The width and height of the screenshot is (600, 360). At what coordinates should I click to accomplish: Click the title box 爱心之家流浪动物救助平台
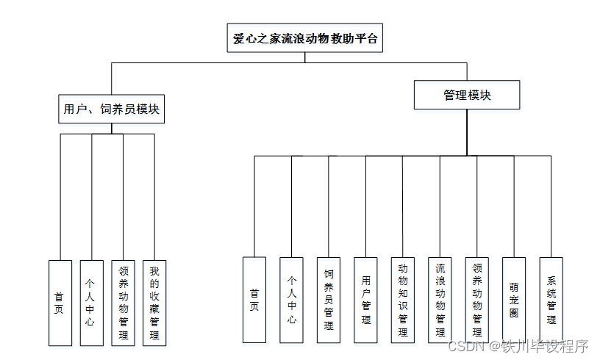tap(304, 39)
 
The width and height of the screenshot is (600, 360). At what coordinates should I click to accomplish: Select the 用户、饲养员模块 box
tap(112, 109)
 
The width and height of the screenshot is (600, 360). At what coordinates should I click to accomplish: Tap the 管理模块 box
tap(467, 96)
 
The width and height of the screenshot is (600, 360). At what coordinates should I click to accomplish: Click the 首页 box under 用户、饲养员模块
tap(60, 302)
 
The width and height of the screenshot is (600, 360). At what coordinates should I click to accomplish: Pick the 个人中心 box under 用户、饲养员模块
tap(91, 302)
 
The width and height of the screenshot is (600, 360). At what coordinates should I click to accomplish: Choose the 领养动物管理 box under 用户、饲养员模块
tap(123, 302)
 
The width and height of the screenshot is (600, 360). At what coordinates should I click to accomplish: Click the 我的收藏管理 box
tap(154, 302)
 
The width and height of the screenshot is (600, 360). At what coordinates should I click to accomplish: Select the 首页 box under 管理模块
tap(254, 300)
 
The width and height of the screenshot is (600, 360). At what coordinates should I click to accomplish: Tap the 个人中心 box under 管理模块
tap(291, 300)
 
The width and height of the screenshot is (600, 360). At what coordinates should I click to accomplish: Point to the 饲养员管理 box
tap(329, 300)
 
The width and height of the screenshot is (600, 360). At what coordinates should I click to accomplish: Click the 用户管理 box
tap(365, 300)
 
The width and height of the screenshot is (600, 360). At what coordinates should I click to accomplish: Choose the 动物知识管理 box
tap(402, 300)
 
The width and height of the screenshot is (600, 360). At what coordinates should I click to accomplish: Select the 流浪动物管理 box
tap(440, 300)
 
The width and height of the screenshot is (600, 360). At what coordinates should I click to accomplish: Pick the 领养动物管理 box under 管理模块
tap(476, 300)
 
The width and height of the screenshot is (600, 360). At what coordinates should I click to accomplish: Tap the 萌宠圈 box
tap(514, 300)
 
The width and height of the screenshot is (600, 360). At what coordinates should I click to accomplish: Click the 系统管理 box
tap(551, 300)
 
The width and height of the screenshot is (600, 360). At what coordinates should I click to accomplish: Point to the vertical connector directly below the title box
tap(304, 57)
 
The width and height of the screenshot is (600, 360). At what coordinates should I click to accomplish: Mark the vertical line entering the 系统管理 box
tap(551, 206)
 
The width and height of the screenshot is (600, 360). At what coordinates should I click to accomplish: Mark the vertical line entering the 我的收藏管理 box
tap(154, 198)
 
